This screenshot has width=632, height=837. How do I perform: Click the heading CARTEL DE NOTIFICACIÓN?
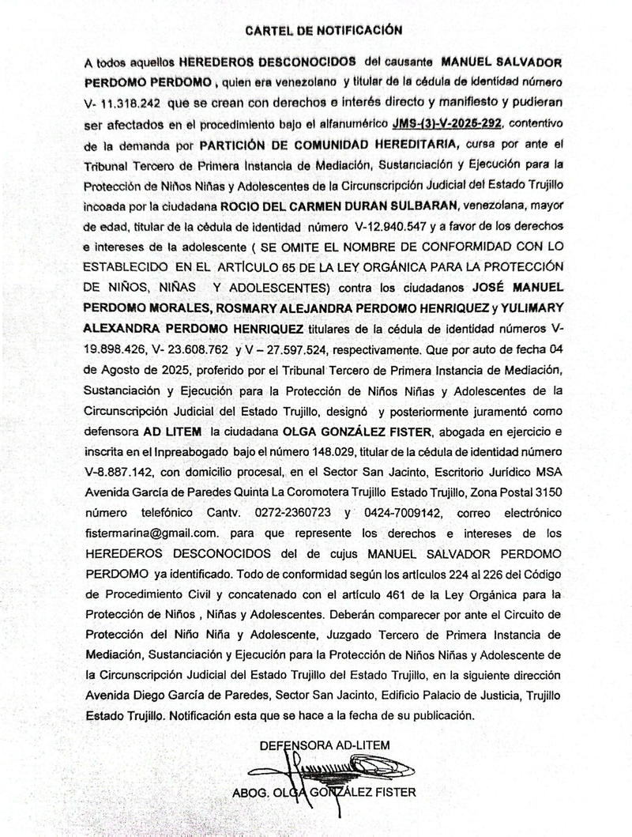click(324, 30)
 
